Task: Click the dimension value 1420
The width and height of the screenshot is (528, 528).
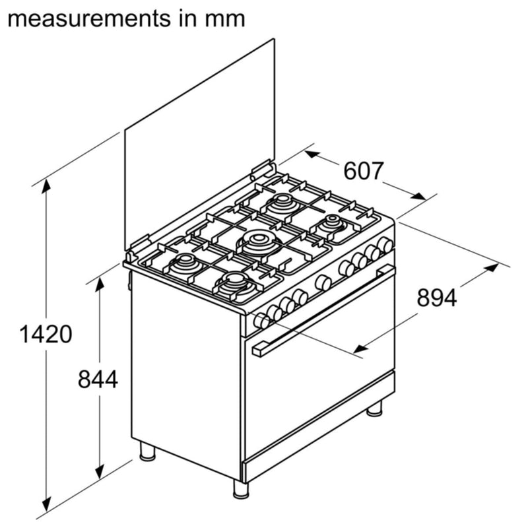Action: (46, 335)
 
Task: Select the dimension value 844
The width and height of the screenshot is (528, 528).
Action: (98, 379)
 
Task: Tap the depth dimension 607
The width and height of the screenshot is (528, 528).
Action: (363, 171)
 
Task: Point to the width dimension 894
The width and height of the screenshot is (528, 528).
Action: (436, 298)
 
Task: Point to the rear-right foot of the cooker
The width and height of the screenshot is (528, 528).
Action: (374, 409)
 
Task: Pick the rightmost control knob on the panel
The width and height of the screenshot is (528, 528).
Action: (386, 246)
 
